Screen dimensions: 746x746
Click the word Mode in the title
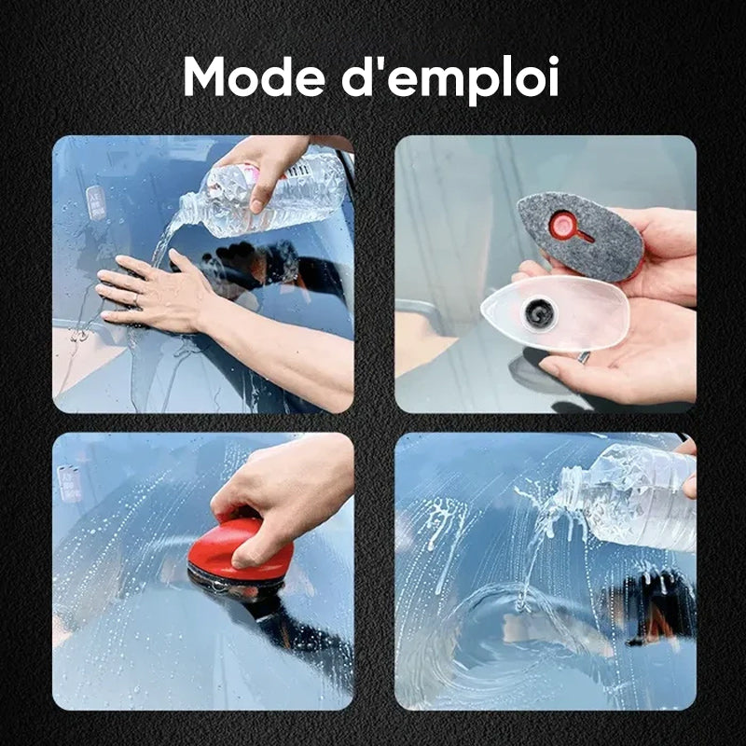pos(254,77)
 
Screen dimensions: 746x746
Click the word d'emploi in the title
pos(450,78)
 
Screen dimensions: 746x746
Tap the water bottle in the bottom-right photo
pos(627,498)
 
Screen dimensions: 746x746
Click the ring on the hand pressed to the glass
pos(135,298)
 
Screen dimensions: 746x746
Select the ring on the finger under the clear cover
pos(584,357)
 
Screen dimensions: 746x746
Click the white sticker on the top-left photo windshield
pos(96,202)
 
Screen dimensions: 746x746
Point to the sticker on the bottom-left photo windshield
pos(70,483)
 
